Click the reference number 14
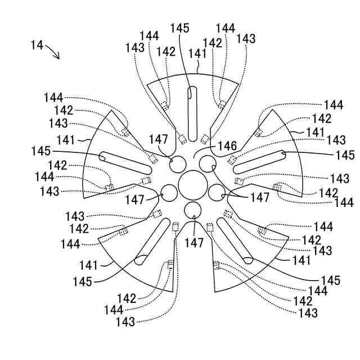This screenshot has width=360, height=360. pyautogui.click(x=37, y=44)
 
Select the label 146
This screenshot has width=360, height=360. pyautogui.click(x=228, y=146)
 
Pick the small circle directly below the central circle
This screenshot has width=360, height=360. pyautogui.click(x=193, y=210)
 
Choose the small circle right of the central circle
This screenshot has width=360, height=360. pyautogui.click(x=217, y=192)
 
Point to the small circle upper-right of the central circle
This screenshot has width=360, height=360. pyautogui.click(x=208, y=164)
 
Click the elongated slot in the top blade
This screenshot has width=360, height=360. pyautogui.click(x=192, y=114)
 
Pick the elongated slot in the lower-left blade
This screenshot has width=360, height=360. pyautogui.click(x=154, y=242)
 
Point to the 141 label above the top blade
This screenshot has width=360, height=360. pyautogui.click(x=197, y=53)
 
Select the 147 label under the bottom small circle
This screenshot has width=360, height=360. pyautogui.click(x=195, y=242)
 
